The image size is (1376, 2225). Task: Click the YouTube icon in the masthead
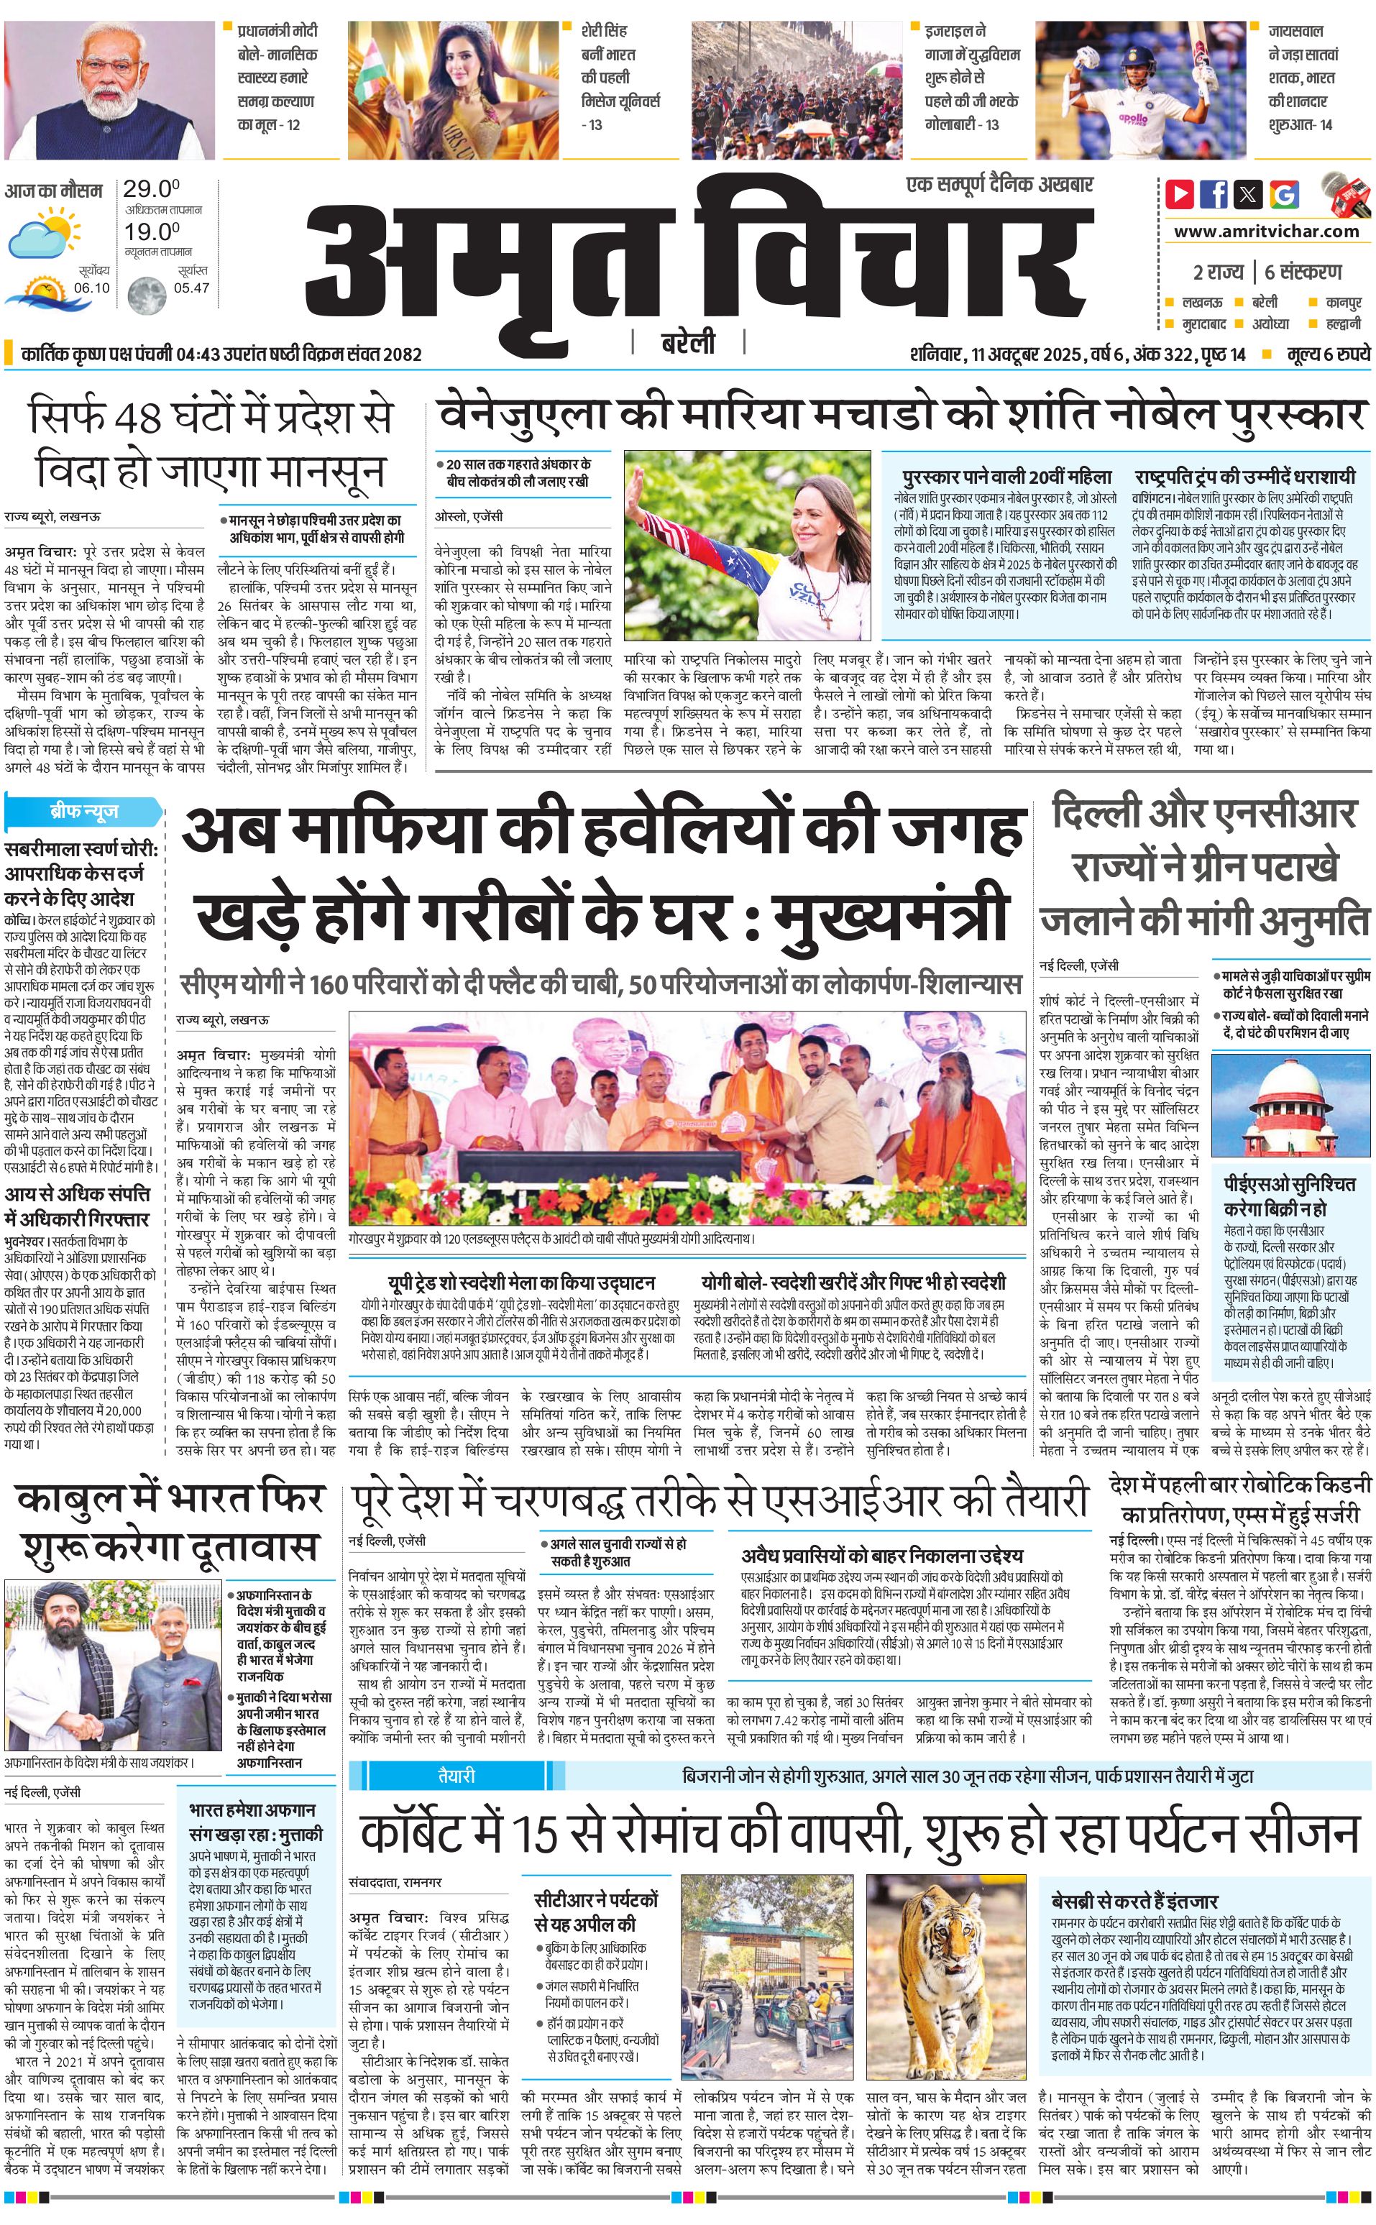(1180, 194)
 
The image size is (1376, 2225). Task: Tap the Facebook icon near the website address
(1213, 194)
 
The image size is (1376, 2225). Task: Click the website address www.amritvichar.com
(1266, 231)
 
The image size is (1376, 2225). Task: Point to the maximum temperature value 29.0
(151, 188)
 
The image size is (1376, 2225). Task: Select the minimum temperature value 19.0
(151, 231)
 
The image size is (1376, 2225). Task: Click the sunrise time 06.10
(91, 288)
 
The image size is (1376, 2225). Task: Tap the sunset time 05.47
(191, 288)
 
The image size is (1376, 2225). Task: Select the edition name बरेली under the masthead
(688, 343)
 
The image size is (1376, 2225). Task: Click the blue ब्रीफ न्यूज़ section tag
(83, 811)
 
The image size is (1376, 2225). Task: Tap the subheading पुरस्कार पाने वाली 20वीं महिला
(1006, 477)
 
